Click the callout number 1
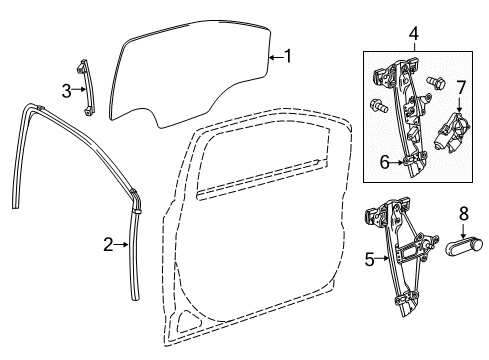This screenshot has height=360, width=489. (288, 57)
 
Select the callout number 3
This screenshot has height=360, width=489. (67, 90)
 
